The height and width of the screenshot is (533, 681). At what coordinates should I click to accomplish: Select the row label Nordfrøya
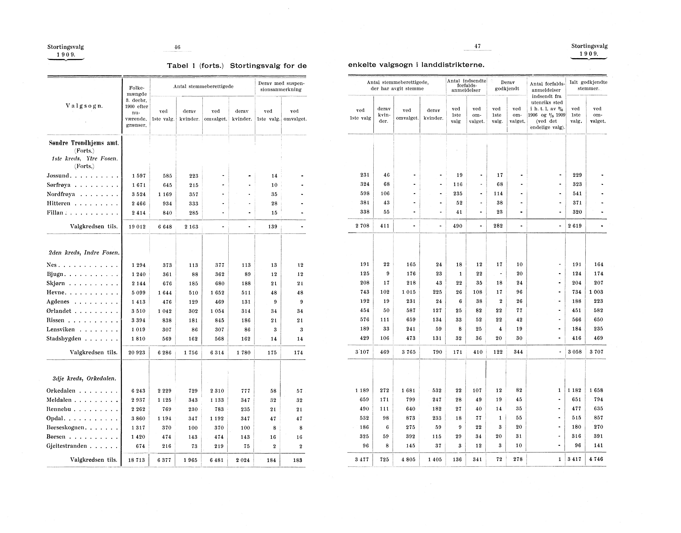pos(61,194)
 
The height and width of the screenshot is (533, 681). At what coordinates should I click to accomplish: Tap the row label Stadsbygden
pos(64,339)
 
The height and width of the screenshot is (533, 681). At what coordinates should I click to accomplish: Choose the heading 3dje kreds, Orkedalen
pos(84,379)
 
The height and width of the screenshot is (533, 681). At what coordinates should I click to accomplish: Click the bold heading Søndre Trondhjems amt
pos(84,143)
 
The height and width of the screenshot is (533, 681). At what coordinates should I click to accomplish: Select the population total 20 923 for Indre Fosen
pos(137,353)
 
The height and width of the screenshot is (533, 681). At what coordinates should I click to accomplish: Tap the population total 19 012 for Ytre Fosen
pos(137,227)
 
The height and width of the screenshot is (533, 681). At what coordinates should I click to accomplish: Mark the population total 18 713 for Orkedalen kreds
pos(137,460)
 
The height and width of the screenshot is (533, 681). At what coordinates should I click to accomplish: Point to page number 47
pos(477,46)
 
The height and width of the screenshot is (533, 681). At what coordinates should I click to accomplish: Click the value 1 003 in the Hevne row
pos(596,292)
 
